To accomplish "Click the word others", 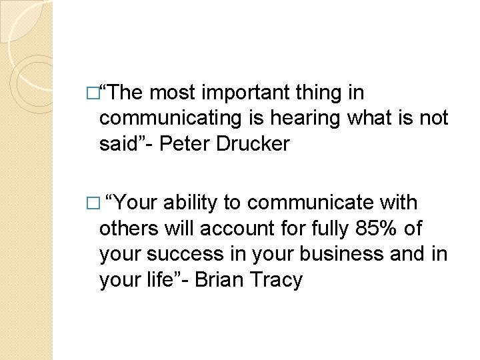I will coord(128,229).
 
